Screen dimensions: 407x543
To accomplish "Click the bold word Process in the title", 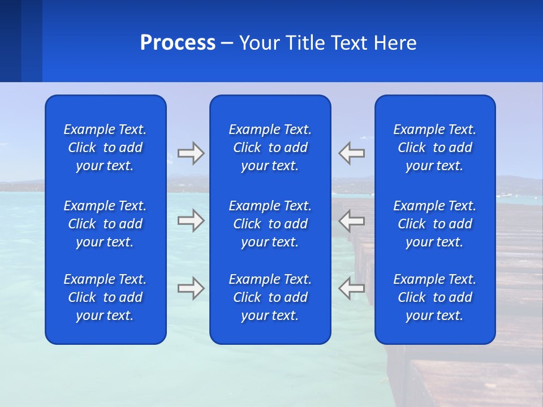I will (x=178, y=43).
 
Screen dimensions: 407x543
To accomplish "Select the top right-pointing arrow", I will (x=191, y=153).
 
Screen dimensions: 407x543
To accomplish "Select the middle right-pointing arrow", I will (x=191, y=220).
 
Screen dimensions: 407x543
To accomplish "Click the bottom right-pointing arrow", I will (x=191, y=288).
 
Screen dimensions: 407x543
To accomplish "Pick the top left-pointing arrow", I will (x=351, y=153).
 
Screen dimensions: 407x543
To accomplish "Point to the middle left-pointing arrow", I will (x=351, y=220).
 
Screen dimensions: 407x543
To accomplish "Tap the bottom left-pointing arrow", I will (x=351, y=288).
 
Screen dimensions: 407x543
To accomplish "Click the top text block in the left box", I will (x=105, y=148).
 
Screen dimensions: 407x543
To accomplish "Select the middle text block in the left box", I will (x=105, y=224).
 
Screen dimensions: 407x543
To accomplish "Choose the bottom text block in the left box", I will (x=105, y=297).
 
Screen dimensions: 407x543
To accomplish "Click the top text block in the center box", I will (x=270, y=148).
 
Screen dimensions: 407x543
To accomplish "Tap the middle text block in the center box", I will (x=270, y=224).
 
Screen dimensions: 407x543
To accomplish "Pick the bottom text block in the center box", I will (x=270, y=297).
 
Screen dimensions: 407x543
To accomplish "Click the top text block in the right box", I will (x=434, y=148).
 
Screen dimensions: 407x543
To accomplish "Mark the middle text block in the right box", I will (x=434, y=224).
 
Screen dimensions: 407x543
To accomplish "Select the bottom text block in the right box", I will (x=434, y=297).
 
